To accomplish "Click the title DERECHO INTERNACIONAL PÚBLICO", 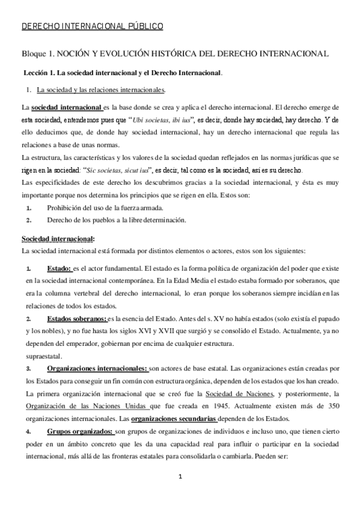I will pos(92,26).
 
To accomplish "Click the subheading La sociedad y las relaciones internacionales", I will pos(101,90).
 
